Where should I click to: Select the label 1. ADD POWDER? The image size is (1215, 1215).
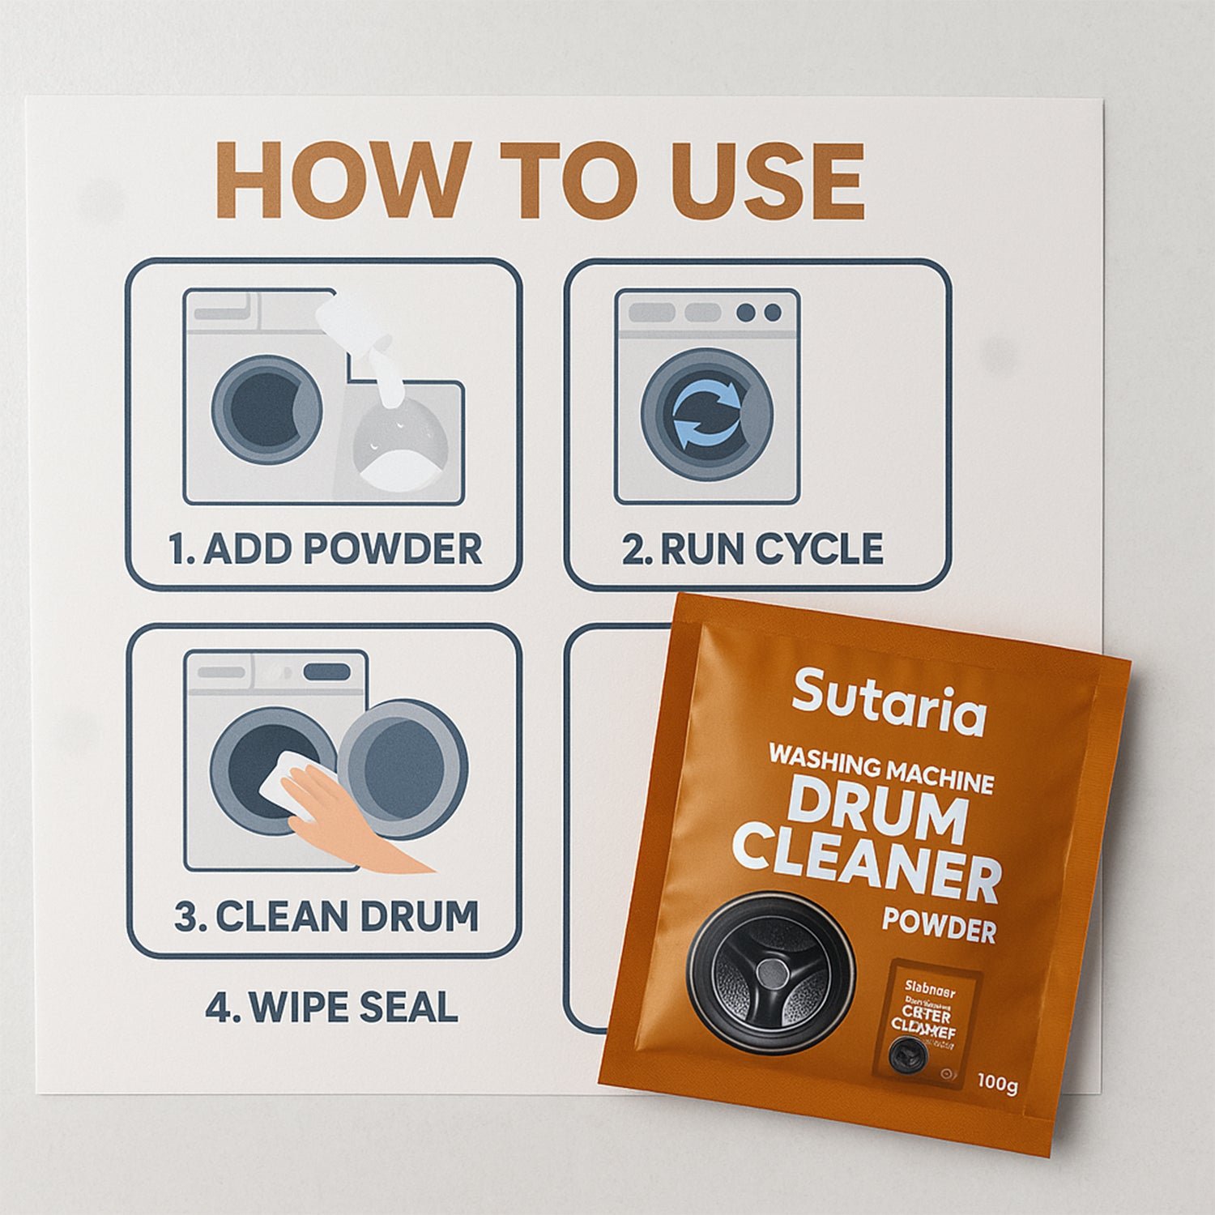325,549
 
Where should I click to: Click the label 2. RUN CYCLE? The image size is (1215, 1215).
752,549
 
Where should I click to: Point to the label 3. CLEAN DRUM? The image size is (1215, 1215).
326,916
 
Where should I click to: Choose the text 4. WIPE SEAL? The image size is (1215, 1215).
331,1008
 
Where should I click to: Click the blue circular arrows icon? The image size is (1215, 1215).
707,414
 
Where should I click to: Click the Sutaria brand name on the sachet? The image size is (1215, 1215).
889,703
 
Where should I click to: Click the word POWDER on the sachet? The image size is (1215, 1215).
939,925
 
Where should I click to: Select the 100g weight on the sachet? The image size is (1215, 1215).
996,1082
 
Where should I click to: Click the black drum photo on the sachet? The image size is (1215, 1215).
770,972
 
